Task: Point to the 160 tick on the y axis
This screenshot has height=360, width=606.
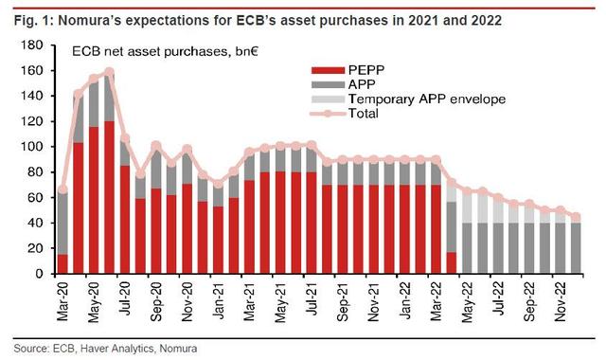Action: (x=37, y=70)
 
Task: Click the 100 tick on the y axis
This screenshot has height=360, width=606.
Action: (x=37, y=147)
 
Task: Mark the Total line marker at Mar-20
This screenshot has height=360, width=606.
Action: (x=62, y=189)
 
